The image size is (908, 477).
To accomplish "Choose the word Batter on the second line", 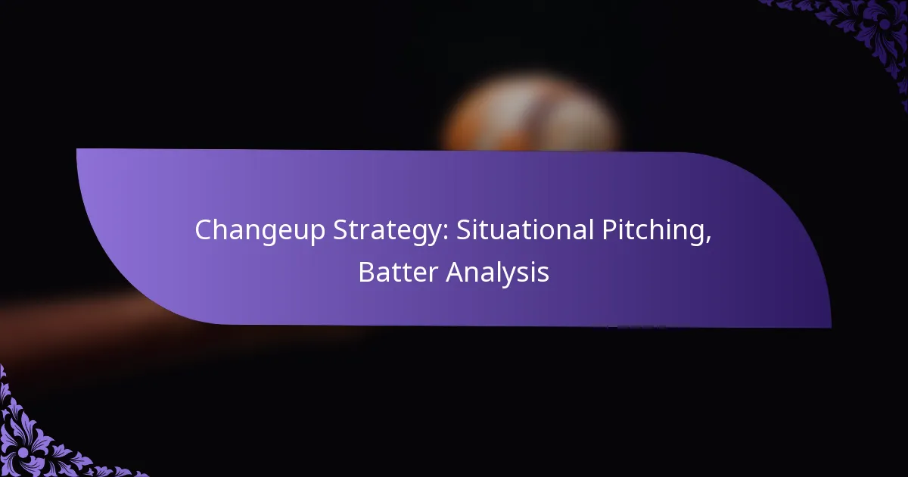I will coord(398,273).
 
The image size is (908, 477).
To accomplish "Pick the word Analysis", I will coord(497,273).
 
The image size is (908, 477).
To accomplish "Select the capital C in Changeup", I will coord(203,230).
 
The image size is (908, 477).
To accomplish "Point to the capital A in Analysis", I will coord(453,273).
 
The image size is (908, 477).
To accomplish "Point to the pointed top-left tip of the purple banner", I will coord(79,150).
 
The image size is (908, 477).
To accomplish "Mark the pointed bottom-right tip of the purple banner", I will coord(829,326).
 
